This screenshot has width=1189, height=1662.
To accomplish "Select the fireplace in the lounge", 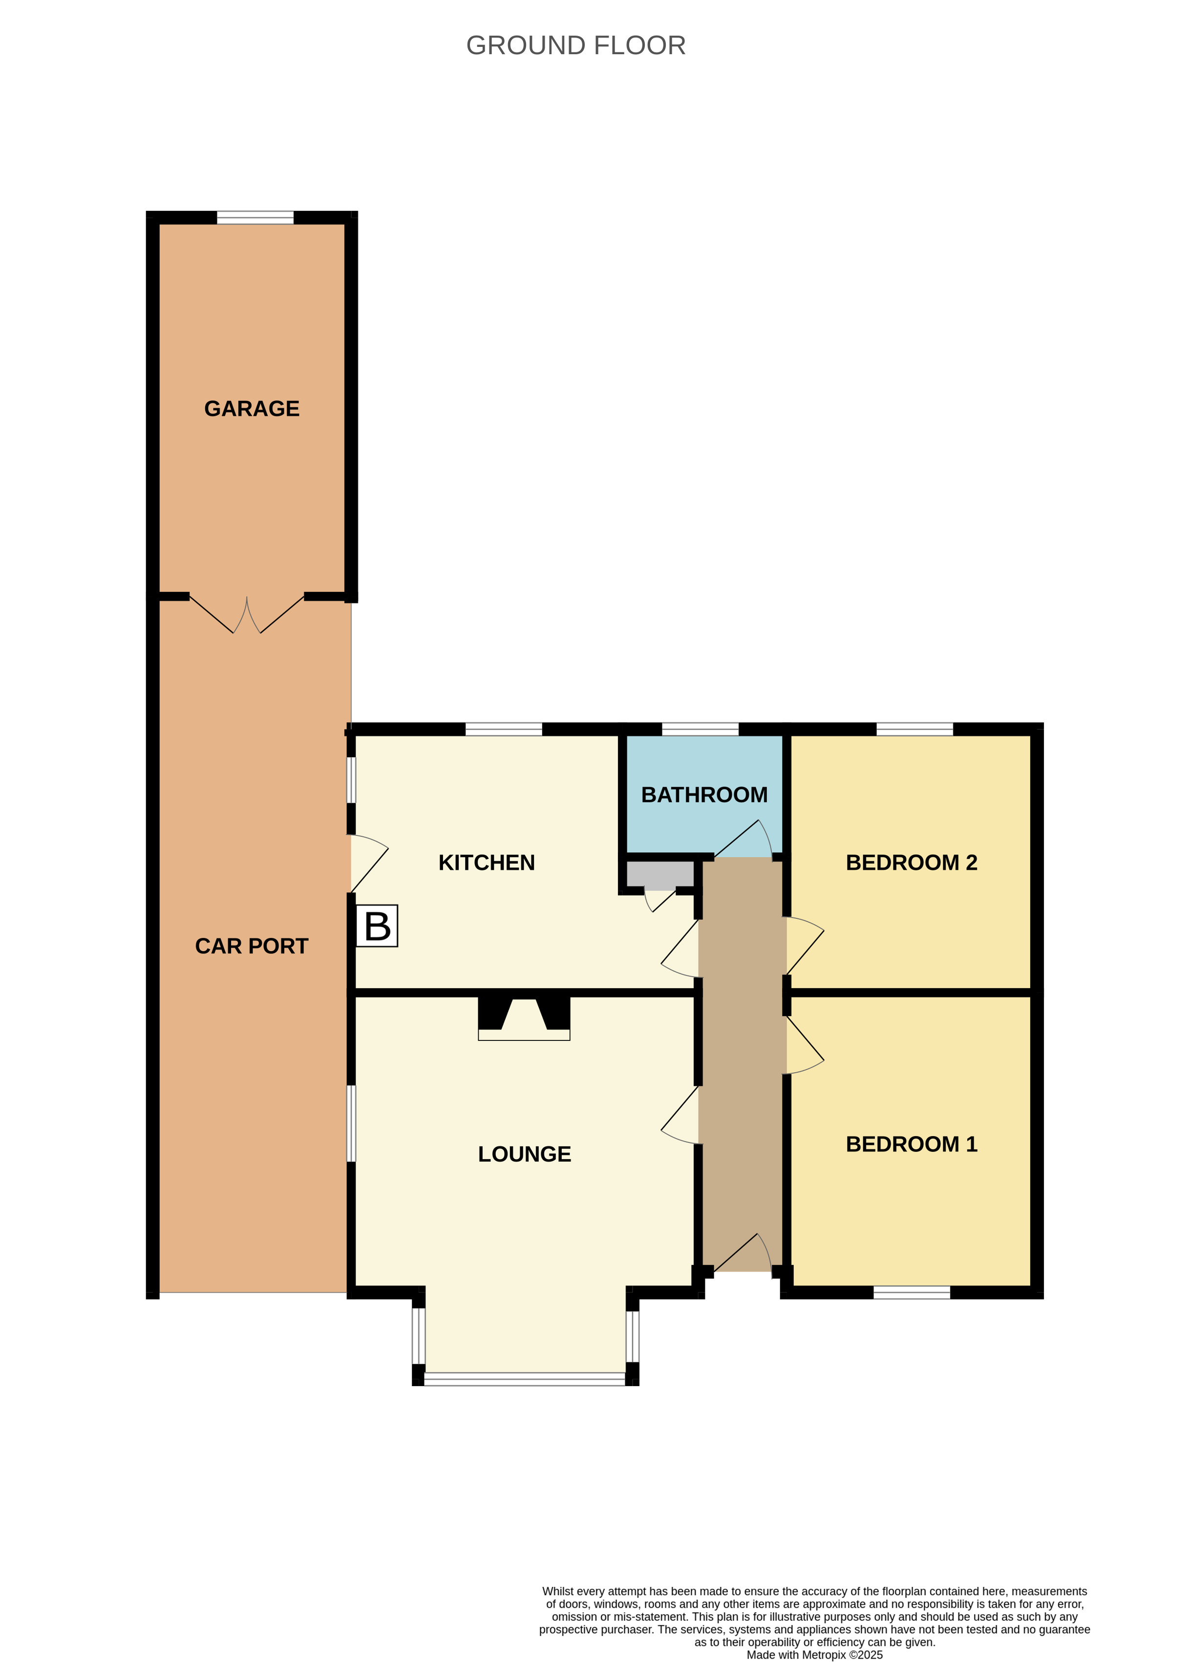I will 524,1017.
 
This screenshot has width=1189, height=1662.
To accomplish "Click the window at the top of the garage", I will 255,217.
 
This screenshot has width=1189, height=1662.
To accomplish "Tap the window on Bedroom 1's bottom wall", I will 912,1292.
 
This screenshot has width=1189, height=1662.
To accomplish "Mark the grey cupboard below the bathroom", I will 659,874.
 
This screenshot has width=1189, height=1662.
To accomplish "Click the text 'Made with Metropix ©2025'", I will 814,1655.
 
